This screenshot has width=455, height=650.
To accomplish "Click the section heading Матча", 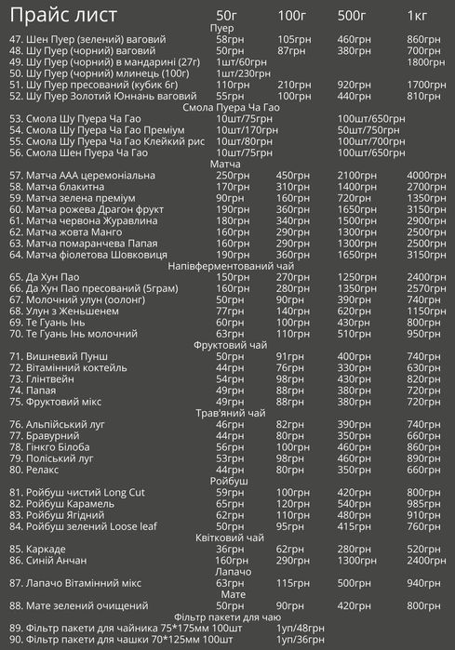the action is (x=226, y=164).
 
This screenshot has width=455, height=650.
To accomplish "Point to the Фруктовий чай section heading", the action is (x=226, y=345).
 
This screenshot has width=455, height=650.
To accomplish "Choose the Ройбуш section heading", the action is (x=226, y=481).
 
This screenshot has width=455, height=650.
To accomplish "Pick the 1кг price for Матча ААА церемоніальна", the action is (x=427, y=175).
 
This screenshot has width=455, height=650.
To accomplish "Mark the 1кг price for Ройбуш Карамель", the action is (x=424, y=503).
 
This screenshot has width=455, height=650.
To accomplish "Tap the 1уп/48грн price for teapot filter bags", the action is (x=301, y=628).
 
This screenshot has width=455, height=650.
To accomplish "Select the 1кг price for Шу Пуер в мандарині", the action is (x=427, y=61).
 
